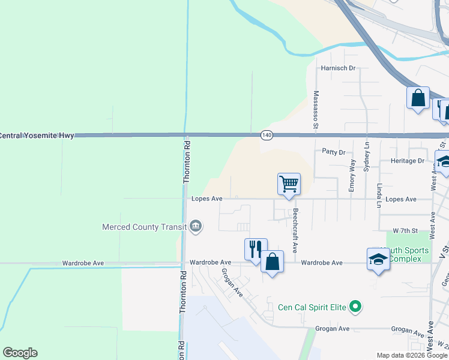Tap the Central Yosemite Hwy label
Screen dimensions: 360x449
click(x=37, y=136)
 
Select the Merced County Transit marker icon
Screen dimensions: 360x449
click(x=195, y=226)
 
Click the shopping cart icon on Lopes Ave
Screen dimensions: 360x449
click(x=289, y=184)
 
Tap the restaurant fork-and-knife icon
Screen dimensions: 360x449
click(x=255, y=248)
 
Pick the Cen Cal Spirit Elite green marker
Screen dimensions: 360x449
click(x=355, y=307)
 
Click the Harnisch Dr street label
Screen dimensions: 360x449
click(x=339, y=68)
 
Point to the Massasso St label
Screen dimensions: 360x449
click(x=315, y=110)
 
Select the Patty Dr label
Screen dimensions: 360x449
click(x=334, y=152)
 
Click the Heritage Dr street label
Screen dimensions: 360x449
click(x=408, y=161)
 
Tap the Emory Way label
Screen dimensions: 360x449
click(x=352, y=175)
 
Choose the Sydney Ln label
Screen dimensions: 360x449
click(x=367, y=157)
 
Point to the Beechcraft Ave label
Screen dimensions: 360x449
click(x=295, y=230)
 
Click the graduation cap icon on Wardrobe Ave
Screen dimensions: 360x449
click(x=378, y=259)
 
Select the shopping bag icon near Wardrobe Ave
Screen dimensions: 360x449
click(x=272, y=262)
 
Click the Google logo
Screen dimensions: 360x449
click(x=20, y=353)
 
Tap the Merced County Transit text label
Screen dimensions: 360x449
click(x=143, y=227)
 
